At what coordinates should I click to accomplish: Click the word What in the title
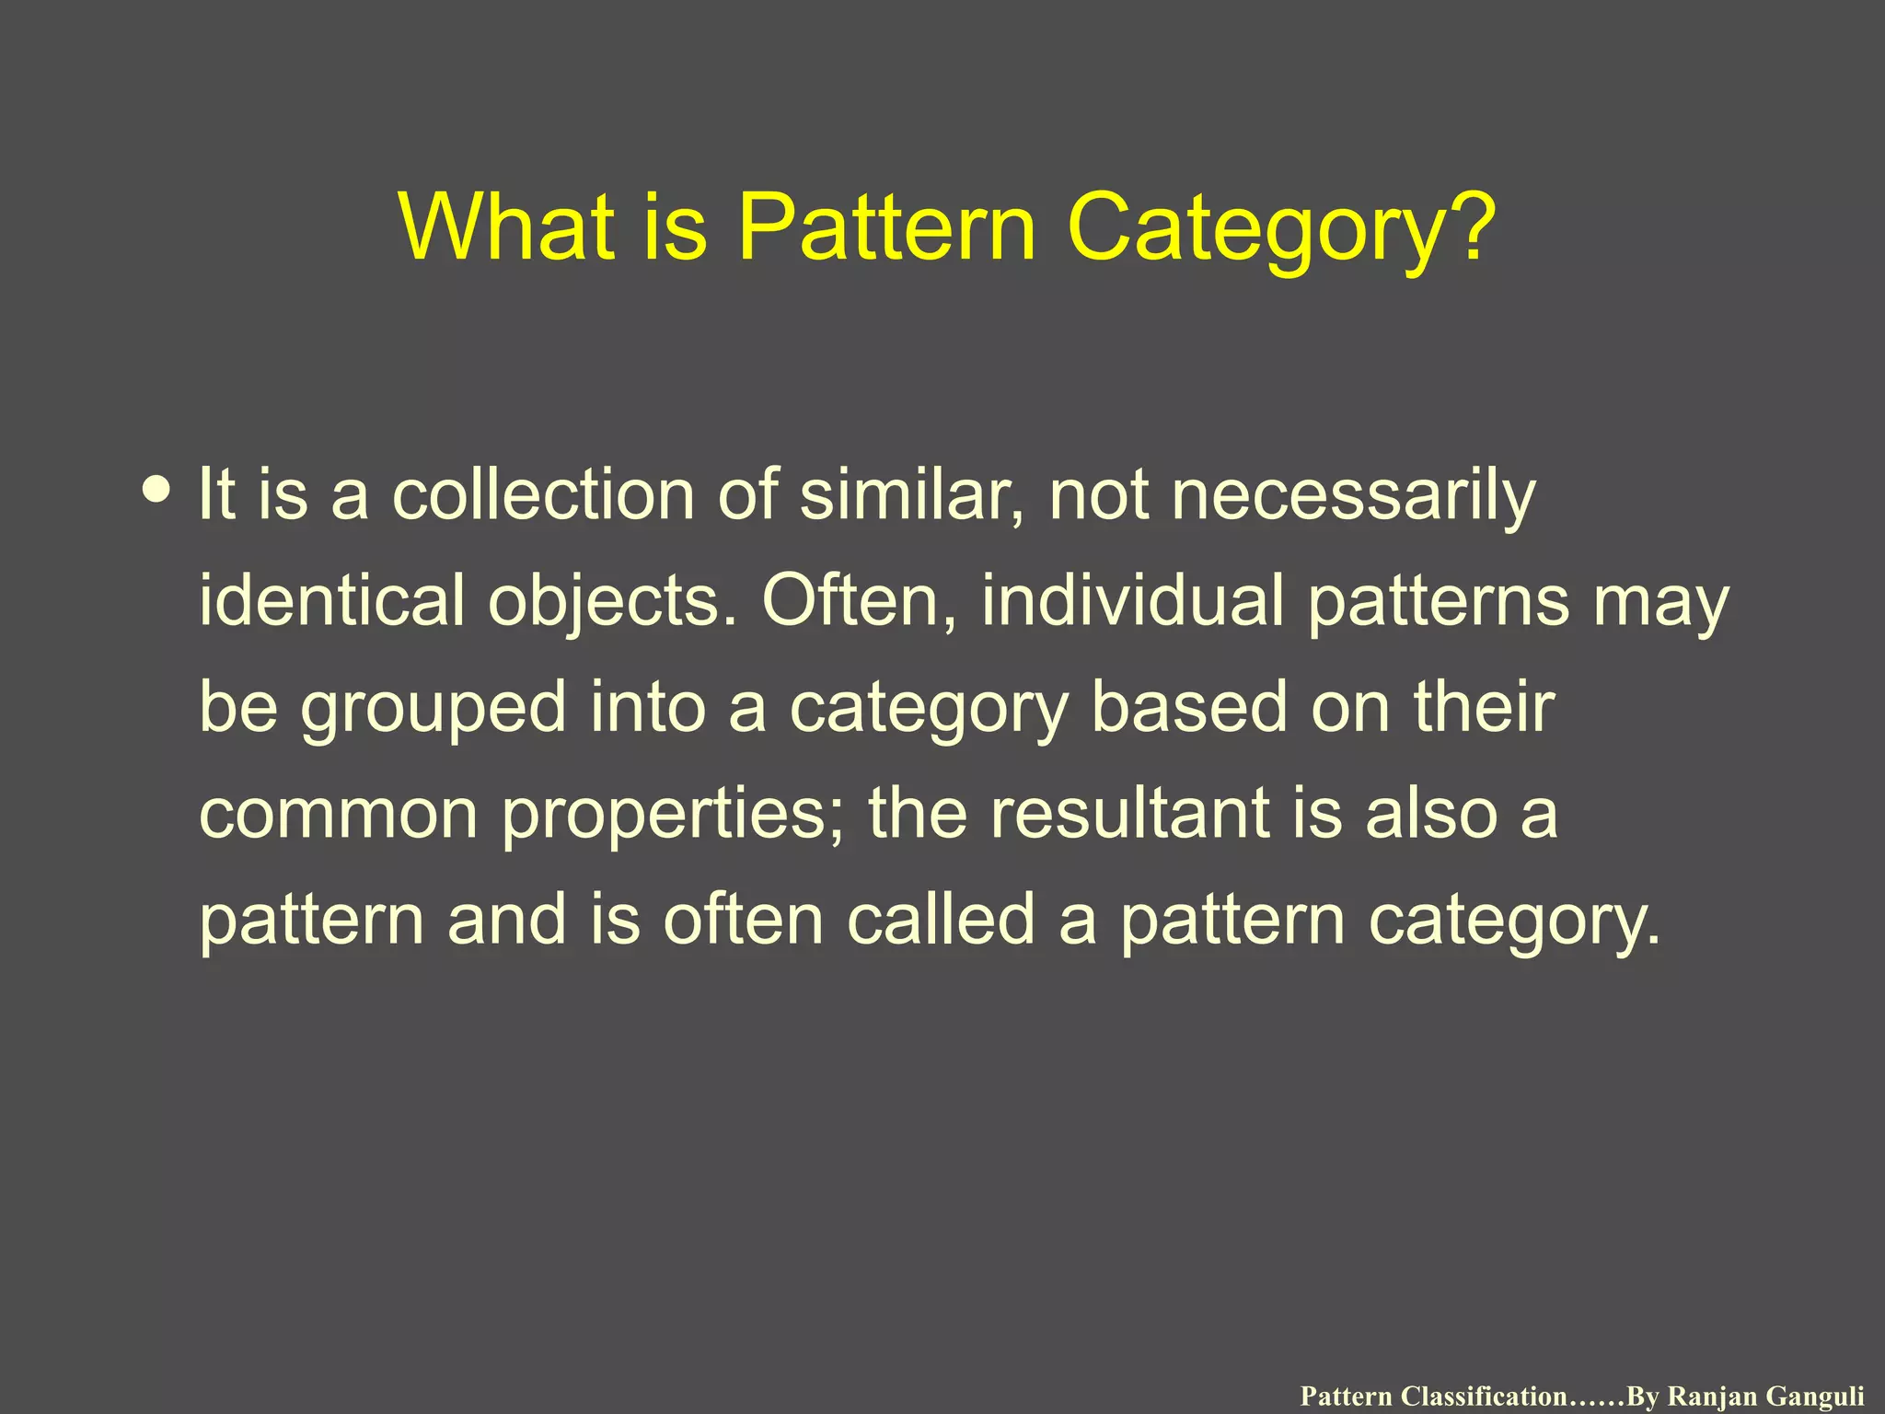click(507, 227)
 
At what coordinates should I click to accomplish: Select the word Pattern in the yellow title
click(886, 227)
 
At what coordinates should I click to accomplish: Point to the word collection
click(543, 494)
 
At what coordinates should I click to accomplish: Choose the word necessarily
click(1354, 496)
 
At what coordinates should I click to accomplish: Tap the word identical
click(332, 600)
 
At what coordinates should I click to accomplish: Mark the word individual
click(1132, 600)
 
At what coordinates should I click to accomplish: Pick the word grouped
click(434, 709)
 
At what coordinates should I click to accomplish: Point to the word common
click(338, 815)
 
